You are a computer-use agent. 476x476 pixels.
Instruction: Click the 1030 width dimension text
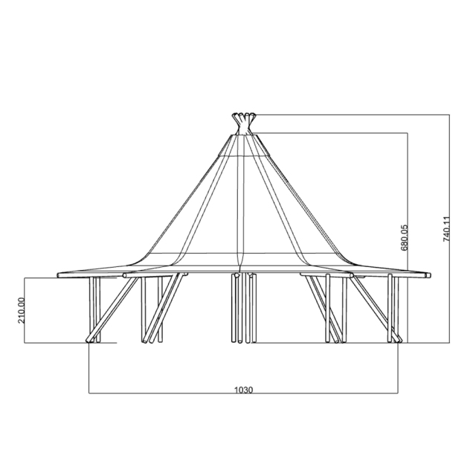243,389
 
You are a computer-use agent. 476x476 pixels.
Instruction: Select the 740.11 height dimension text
447,229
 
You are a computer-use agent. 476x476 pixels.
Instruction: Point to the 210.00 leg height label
22,310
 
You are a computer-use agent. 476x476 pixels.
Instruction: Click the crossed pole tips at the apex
242,118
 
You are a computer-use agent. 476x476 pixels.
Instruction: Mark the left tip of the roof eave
58,275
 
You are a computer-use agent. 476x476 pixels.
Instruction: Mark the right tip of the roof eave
430,275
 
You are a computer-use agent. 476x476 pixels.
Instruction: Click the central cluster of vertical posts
243,309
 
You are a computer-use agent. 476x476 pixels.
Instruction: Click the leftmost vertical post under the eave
93,309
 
